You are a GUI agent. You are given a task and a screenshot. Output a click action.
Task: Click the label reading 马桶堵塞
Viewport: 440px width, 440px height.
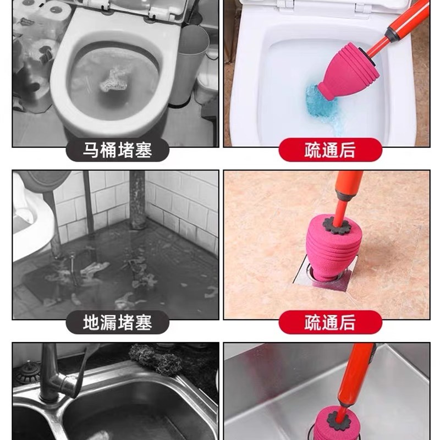point(117,150)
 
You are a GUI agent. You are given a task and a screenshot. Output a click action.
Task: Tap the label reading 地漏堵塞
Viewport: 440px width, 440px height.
point(117,322)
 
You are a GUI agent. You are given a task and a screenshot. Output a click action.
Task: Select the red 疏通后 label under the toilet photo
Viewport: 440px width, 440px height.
point(330,150)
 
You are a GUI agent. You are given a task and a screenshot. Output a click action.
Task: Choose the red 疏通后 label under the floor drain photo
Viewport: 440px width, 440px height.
point(330,322)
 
